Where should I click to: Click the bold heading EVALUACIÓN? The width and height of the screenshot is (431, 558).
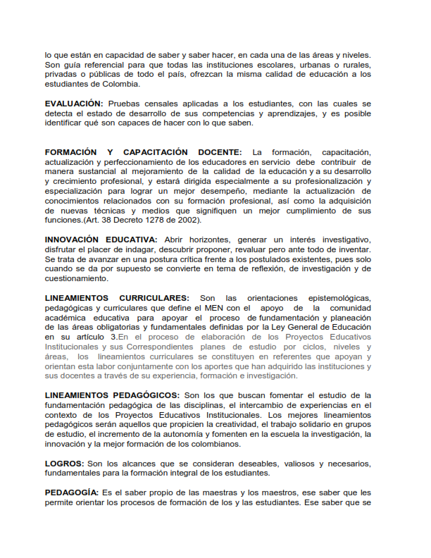(x=74, y=104)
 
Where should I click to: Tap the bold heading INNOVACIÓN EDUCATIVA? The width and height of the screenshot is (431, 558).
(x=101, y=240)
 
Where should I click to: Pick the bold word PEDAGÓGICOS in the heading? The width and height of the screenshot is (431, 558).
(x=142, y=396)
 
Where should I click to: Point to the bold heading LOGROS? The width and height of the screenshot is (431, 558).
(x=64, y=464)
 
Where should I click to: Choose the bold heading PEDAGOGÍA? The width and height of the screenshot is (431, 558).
(x=71, y=492)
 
